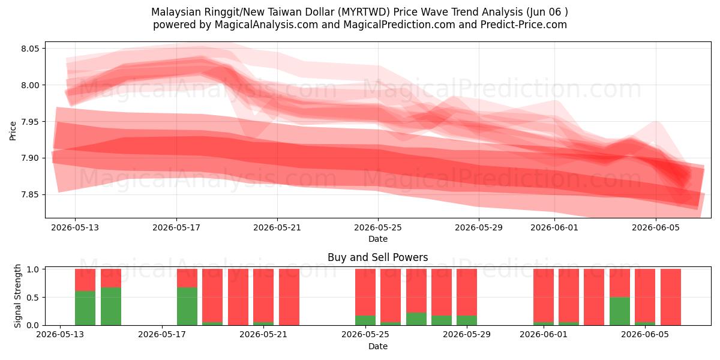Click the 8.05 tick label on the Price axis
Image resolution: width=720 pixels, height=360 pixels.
click(30, 49)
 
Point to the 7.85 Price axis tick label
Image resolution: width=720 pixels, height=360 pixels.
click(30, 195)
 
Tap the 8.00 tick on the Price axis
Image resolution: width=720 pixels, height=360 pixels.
click(30, 85)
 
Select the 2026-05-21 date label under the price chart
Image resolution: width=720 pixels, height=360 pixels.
click(277, 227)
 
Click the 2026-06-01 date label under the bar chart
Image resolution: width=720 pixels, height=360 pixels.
click(544, 334)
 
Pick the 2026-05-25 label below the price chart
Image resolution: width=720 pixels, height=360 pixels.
click(378, 227)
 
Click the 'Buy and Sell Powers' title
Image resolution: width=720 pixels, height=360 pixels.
click(377, 257)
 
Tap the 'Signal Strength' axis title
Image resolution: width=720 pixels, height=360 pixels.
click(17, 296)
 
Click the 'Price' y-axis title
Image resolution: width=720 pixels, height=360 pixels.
click(13, 131)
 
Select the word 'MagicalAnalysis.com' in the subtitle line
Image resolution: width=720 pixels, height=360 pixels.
click(266, 25)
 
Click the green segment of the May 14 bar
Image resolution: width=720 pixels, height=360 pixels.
click(85, 308)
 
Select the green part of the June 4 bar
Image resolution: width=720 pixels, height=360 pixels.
click(620, 311)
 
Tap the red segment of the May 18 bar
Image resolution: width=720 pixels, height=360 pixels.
click(187, 278)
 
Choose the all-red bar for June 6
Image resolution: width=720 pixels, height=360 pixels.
click(671, 297)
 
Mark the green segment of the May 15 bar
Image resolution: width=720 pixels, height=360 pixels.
click(111, 307)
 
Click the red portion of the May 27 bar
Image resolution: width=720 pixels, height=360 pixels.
click(416, 291)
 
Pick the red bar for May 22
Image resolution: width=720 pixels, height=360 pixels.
click(289, 297)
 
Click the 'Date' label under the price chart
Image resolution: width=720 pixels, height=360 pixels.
click(378, 239)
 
